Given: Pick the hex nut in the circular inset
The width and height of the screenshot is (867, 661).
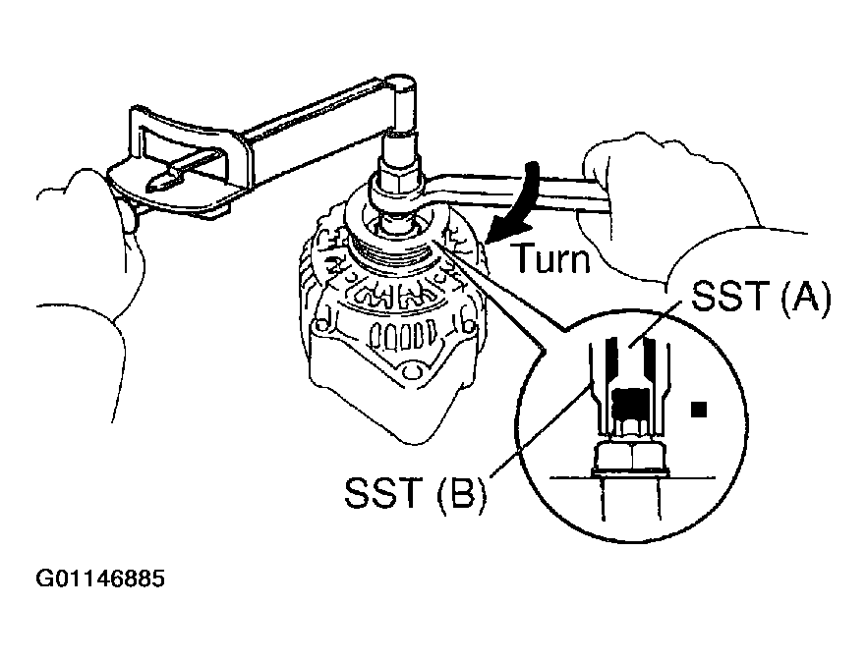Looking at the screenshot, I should click(x=629, y=457).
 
